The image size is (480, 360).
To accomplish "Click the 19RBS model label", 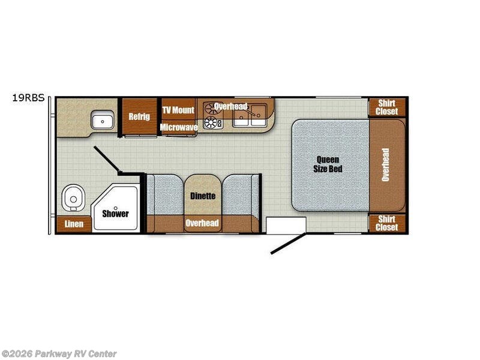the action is [28, 98].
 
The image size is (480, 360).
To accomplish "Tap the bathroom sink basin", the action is [103, 120].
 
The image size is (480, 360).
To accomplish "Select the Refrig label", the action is [139, 116].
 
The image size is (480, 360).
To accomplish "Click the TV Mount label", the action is [178, 110].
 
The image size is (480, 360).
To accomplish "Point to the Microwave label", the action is [179, 127].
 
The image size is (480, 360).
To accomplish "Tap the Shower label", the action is [115, 214].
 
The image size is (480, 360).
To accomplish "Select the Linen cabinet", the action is [74, 224].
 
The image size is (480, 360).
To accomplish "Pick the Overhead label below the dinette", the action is [202, 223].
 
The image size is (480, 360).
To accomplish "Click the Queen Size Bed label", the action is [328, 164].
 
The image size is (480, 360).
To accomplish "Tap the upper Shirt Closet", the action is [387, 107].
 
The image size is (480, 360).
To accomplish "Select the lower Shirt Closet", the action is [387, 223].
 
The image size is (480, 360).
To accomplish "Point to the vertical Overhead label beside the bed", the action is [385, 164].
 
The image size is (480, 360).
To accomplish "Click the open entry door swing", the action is [288, 244].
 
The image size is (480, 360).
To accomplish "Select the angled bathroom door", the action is [107, 159].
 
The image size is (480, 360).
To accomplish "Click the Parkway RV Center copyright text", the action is [59, 354].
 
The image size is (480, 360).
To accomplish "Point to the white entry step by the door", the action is [286, 226].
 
